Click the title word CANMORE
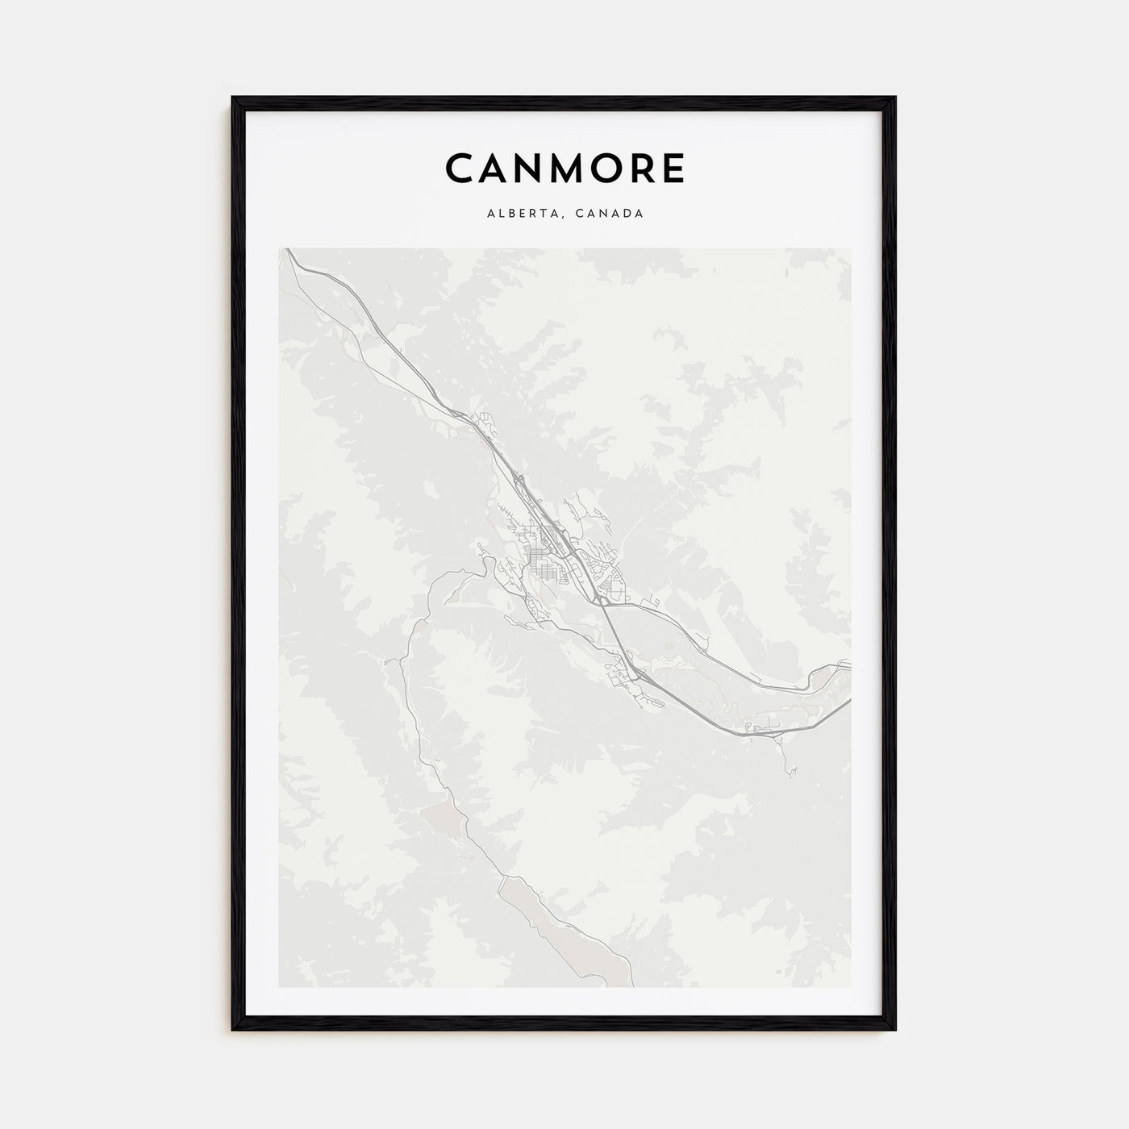[x=564, y=169]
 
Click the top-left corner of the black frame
[x=233, y=98]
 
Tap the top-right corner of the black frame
[x=894, y=98]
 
